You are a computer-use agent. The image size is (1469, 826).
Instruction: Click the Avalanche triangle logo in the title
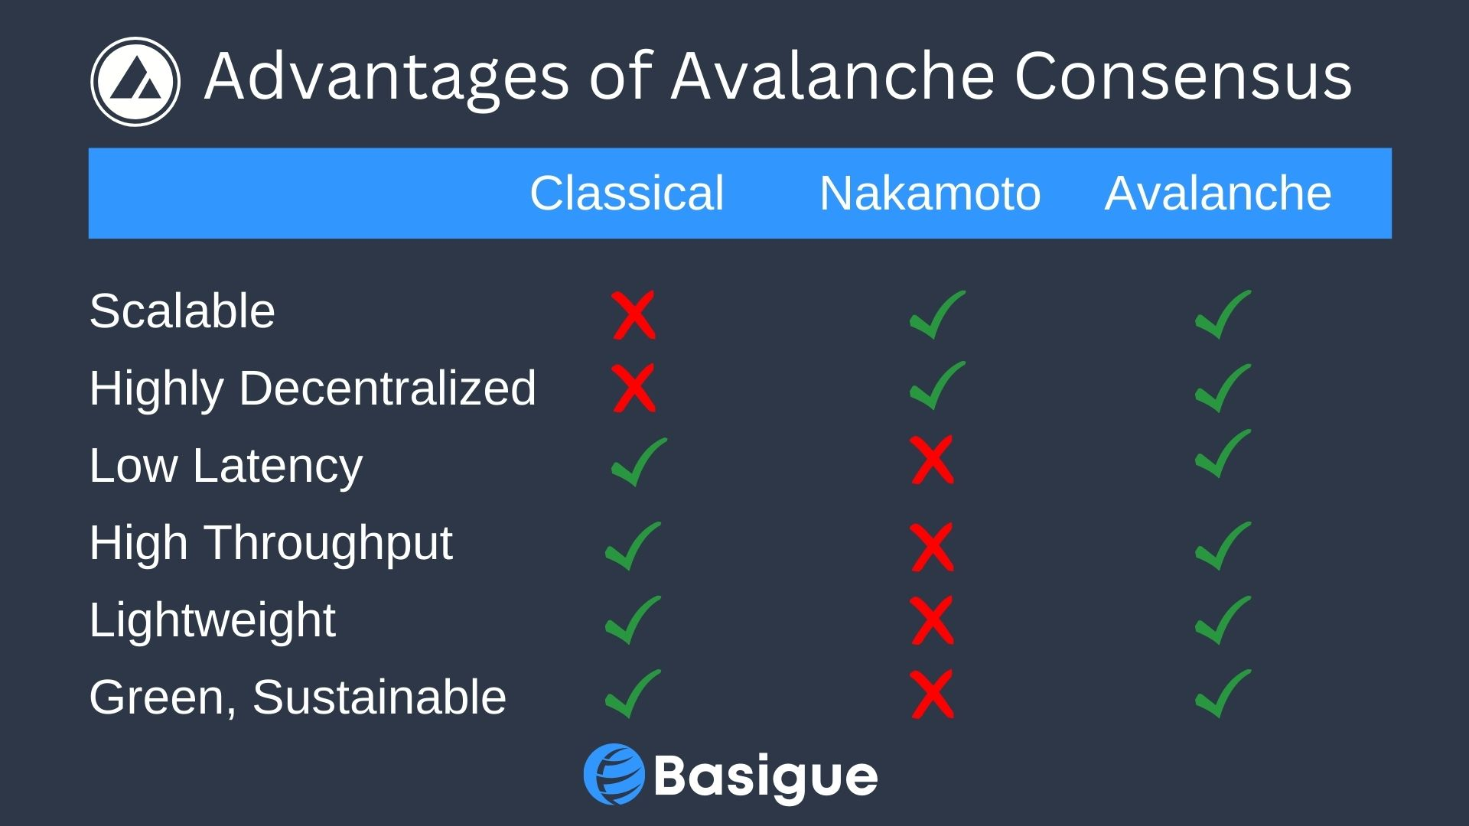coord(135,82)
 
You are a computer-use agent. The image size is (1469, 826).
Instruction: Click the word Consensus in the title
coord(1183,76)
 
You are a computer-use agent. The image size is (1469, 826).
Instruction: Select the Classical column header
coord(627,193)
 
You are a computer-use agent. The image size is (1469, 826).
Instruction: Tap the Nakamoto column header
coord(930,193)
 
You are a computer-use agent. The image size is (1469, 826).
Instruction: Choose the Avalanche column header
coord(1218,193)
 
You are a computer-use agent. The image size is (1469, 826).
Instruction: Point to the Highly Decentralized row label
coord(313,388)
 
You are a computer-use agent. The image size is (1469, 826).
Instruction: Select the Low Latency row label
coord(226,465)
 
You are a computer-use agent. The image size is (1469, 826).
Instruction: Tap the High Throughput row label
coord(271,543)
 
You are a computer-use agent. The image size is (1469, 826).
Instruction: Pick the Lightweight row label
coord(212,619)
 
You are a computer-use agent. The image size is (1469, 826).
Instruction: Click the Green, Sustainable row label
coord(298,697)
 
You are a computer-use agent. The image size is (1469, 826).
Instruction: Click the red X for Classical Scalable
coord(634,315)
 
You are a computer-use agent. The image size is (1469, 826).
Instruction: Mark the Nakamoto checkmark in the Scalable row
coord(938,314)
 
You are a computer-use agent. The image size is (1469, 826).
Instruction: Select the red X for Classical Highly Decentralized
coord(634,388)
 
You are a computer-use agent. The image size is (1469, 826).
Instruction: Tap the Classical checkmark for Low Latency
coord(640,462)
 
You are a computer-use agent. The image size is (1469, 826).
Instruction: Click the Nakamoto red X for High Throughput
coord(933,547)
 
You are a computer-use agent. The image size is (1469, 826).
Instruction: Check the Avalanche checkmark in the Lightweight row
coord(1223,620)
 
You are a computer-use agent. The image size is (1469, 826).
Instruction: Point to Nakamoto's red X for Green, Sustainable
coord(933,694)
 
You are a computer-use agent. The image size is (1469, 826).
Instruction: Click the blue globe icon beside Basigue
coord(614,775)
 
